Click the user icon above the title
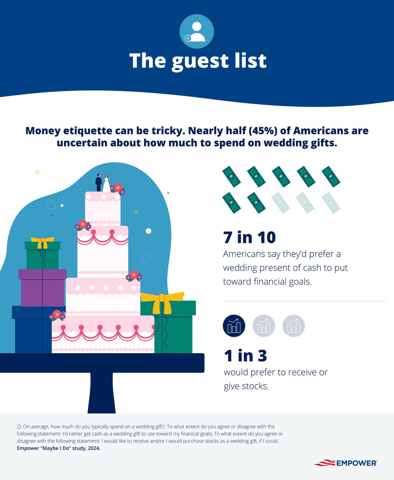pyautogui.click(x=196, y=31)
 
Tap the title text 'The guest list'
pyautogui.click(x=198, y=61)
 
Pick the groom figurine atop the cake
pyautogui.click(x=99, y=183)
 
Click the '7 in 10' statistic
pyautogui.click(x=249, y=237)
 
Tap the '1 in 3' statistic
pyautogui.click(x=245, y=356)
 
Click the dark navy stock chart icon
pyautogui.click(x=234, y=326)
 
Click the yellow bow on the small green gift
pyautogui.click(x=42, y=242)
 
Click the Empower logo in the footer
pyautogui.click(x=345, y=463)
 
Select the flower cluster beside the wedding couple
pyautogui.click(x=117, y=188)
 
